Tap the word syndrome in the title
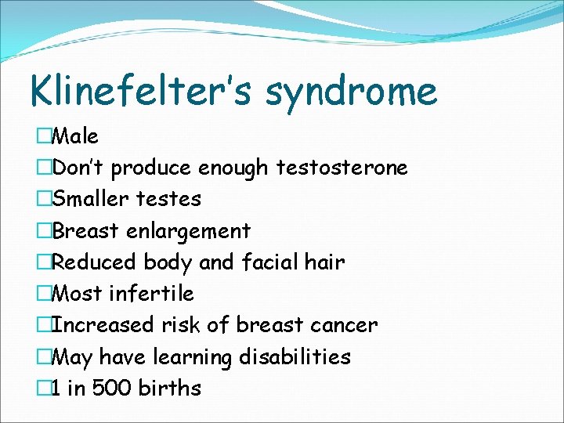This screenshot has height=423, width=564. (x=352, y=92)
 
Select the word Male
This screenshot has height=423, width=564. (x=74, y=136)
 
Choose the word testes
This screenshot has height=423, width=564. (x=168, y=199)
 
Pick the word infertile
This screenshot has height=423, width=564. (x=151, y=294)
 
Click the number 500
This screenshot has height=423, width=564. (x=111, y=388)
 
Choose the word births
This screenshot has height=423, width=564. (x=170, y=388)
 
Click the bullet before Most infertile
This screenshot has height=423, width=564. (x=44, y=294)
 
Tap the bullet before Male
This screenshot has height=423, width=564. (x=44, y=136)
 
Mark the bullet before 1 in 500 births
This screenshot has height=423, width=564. (x=44, y=388)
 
